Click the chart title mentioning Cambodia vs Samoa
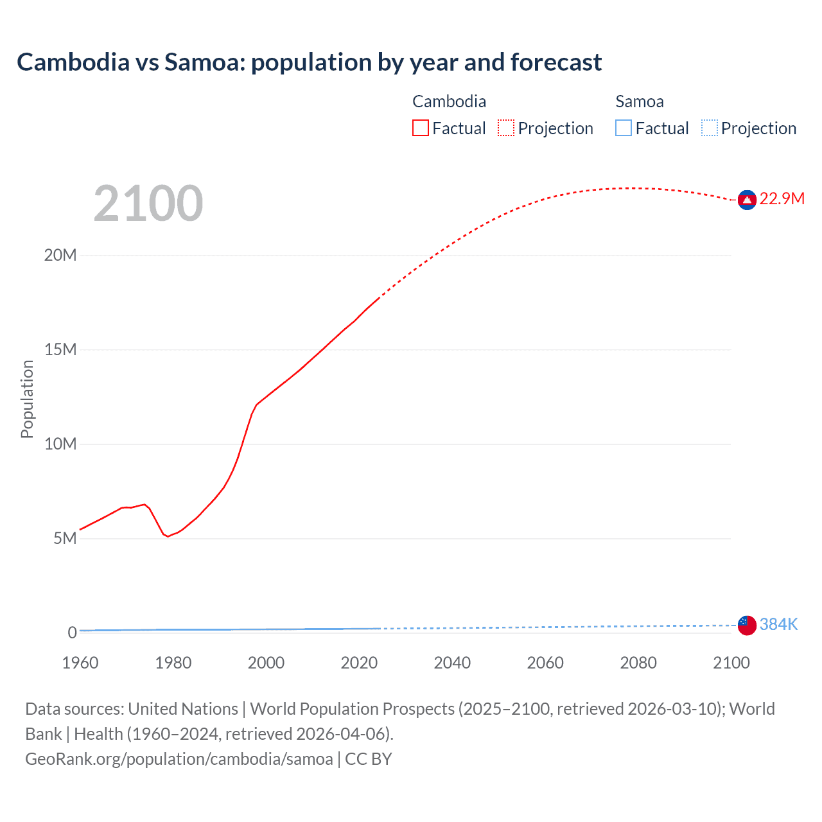tap(309, 62)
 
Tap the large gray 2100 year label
tap(148, 204)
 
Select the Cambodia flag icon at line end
tap(747, 200)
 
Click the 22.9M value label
tap(782, 198)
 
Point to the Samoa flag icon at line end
tap(747, 625)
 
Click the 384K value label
tap(778, 624)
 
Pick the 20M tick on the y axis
tap(60, 256)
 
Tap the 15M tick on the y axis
tap(60, 349)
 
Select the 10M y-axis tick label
tap(60, 444)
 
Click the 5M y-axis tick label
tap(65, 538)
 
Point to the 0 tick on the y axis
tap(72, 633)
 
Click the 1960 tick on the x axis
tap(80, 663)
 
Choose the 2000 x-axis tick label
tap(266, 663)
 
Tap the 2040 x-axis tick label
tap(452, 663)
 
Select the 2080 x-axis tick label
tap(638, 663)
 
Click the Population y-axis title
tap(27, 399)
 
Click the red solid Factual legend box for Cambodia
tap(421, 128)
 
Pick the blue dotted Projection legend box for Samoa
tap(710, 128)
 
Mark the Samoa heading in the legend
tap(640, 101)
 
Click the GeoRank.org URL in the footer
tap(179, 759)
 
